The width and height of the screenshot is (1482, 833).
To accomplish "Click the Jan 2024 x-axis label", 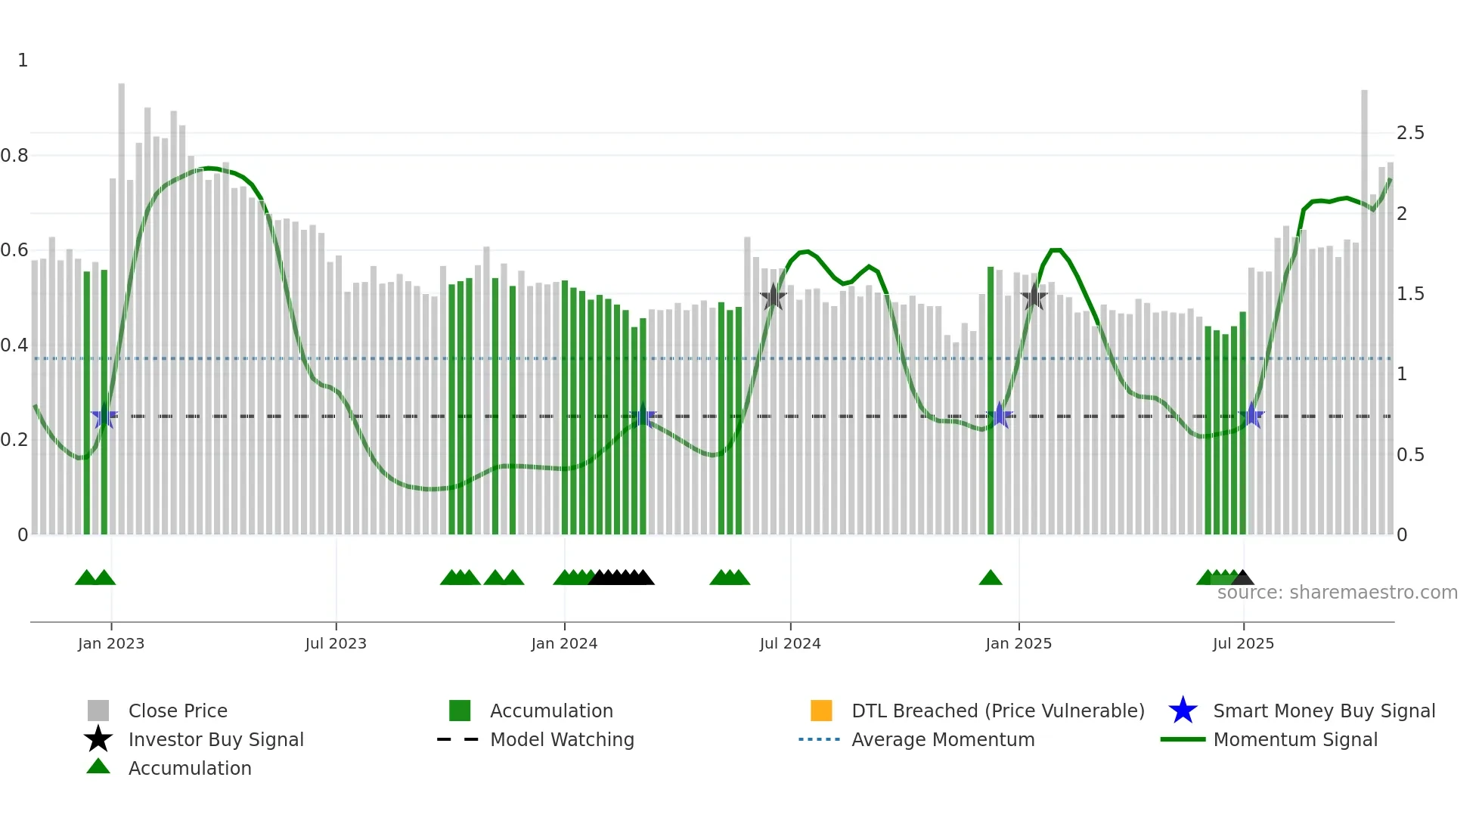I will [x=564, y=643].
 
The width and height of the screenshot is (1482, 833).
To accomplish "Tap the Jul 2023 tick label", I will [x=336, y=643].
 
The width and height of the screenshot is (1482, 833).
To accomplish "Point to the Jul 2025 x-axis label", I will [x=1243, y=643].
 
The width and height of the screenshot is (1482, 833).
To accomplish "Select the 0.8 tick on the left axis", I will [x=15, y=156].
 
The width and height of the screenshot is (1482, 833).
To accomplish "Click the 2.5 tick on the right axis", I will [x=1410, y=133].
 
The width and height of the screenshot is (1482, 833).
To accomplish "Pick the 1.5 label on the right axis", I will [x=1410, y=294].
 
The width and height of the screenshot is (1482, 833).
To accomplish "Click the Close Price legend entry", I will [x=178, y=711].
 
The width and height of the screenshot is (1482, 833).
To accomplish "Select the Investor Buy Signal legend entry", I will [x=215, y=739].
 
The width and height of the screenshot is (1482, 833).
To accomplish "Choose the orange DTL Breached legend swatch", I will [x=821, y=711].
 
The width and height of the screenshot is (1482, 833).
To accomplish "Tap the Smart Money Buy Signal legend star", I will [x=1183, y=711].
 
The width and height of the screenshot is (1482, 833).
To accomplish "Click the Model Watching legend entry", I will [x=562, y=739].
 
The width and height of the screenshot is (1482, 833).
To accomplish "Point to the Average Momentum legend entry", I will [x=942, y=739].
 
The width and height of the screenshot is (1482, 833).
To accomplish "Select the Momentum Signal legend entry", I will [x=1294, y=739].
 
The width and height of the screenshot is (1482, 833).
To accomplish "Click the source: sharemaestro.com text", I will [x=1337, y=593].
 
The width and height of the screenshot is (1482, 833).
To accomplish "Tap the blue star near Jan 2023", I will [x=104, y=416].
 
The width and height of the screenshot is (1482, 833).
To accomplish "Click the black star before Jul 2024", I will [x=773, y=297].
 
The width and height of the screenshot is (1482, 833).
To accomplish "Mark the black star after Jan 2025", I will [x=1034, y=297].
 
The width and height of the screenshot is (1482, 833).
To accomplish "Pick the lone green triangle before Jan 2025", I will [x=991, y=578].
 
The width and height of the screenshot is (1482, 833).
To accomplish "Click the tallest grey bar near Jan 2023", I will [x=122, y=302].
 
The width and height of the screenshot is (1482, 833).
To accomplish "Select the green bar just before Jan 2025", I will [x=991, y=401].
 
